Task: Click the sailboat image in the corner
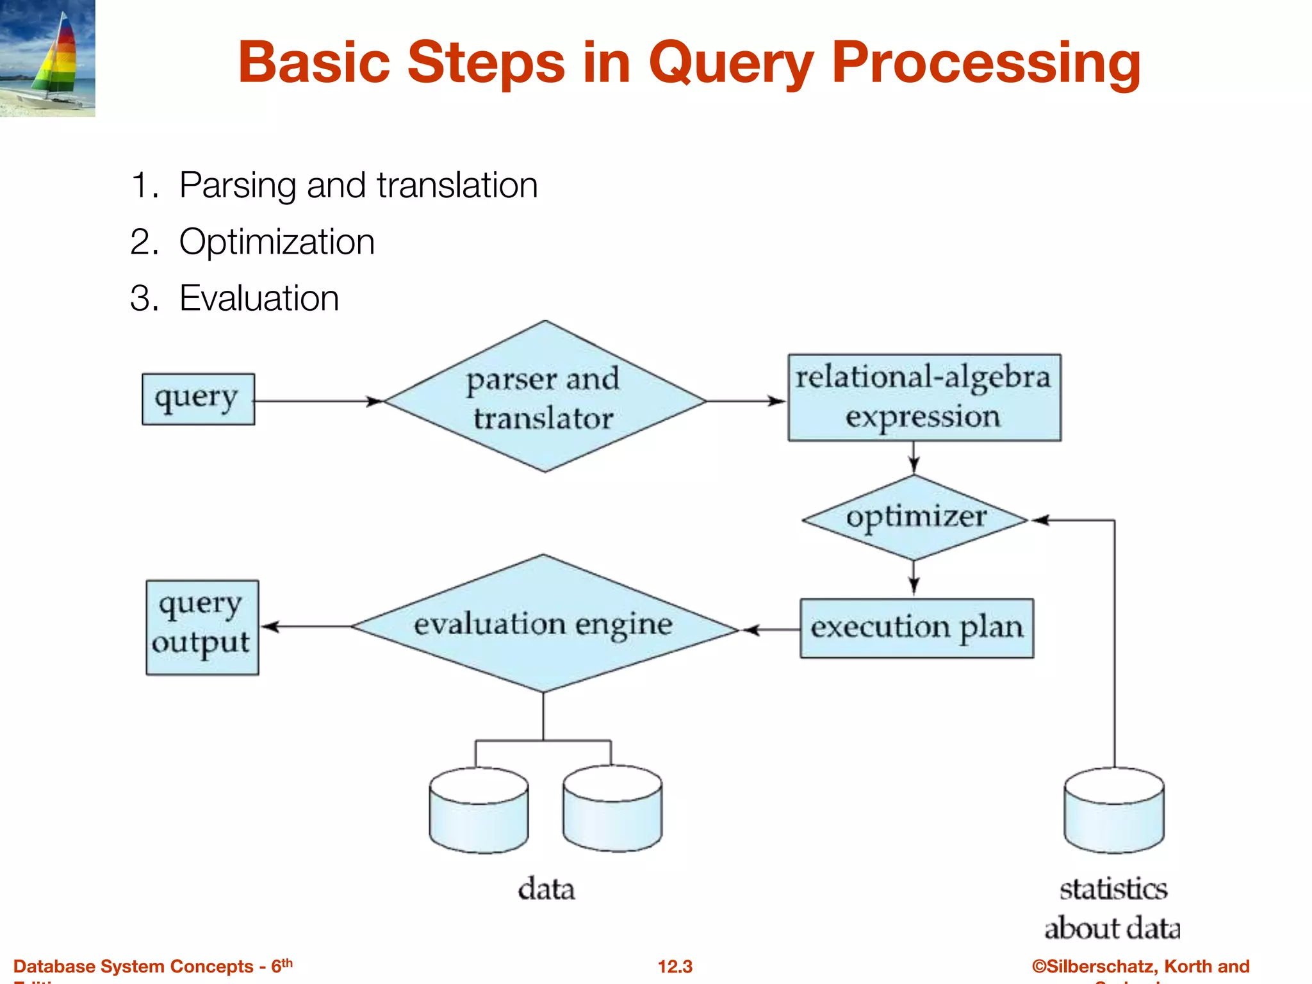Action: tap(47, 58)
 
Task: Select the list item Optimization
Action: tap(276, 242)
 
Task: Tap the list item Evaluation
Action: tap(259, 299)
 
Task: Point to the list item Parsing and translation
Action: tap(357, 186)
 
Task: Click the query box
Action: tap(198, 399)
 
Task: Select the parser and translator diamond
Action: tap(545, 397)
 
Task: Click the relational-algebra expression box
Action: tap(924, 397)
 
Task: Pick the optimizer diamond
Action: tap(915, 518)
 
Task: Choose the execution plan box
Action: tap(916, 628)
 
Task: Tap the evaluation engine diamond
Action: tap(543, 624)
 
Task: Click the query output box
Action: tap(202, 627)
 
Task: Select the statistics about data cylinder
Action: tap(1113, 811)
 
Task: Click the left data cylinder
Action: tap(479, 811)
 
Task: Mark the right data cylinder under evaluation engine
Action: tap(612, 810)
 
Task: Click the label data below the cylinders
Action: tap(546, 889)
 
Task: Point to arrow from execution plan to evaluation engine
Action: tap(770, 630)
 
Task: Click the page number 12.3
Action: tap(675, 966)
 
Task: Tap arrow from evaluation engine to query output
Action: tap(306, 627)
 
